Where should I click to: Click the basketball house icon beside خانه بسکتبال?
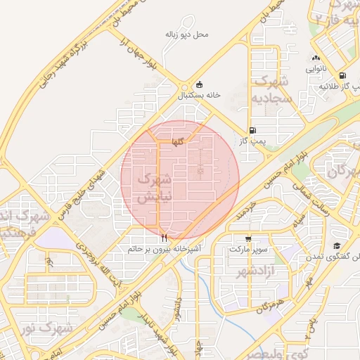point(200,84)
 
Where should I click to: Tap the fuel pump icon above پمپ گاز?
point(252,130)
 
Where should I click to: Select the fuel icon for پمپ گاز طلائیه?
point(342,75)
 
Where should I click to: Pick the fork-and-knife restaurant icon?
point(164,238)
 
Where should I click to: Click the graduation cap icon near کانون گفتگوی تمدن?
point(337,246)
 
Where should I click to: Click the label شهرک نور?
point(56,328)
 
